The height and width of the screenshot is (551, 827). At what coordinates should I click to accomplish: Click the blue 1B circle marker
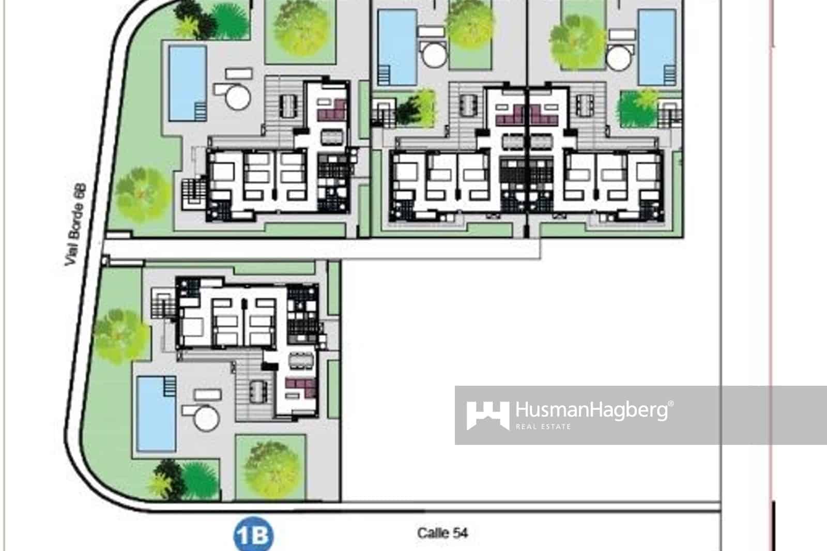click(253, 535)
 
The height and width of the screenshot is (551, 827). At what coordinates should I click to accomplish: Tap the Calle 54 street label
click(442, 533)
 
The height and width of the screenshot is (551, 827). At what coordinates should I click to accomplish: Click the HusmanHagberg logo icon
click(487, 415)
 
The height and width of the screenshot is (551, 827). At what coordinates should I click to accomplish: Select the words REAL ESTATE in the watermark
click(543, 426)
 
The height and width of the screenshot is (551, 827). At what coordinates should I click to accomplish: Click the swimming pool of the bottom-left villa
click(156, 414)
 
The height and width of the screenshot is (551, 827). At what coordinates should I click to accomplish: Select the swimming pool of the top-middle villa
click(397, 47)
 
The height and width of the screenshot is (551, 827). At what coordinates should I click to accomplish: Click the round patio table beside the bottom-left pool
click(205, 417)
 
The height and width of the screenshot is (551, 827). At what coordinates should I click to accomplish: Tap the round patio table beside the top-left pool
click(237, 96)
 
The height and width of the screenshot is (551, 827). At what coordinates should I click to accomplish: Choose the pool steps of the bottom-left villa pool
click(169, 386)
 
